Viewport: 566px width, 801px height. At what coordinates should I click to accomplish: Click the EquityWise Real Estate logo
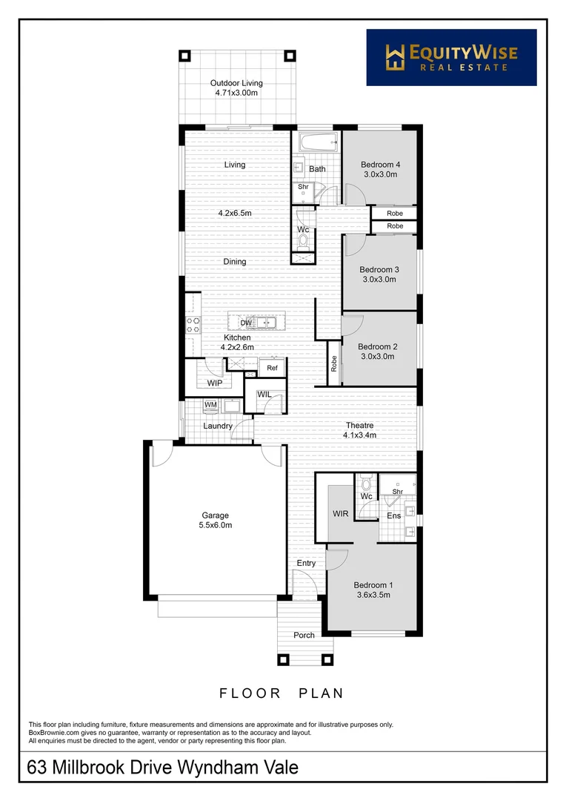tap(451, 57)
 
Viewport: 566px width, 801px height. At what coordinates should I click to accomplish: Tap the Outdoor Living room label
tap(236, 83)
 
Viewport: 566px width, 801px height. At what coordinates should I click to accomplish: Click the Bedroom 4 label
tap(380, 165)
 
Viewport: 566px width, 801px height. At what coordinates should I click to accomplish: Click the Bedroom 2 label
tap(378, 346)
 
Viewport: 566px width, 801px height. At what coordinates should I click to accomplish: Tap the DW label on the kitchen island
tap(246, 323)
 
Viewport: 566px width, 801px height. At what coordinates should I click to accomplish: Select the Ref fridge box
tap(272, 368)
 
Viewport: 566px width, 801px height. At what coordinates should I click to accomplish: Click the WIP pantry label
tap(215, 383)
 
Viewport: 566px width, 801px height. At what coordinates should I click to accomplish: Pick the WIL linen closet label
tap(264, 394)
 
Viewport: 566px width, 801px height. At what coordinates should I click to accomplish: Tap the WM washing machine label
tap(210, 405)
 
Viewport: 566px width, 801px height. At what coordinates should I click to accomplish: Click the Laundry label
tap(218, 426)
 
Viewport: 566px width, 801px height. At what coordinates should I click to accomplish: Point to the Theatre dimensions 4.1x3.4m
tap(361, 435)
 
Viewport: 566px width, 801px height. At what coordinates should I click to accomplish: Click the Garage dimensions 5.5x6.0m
tap(216, 525)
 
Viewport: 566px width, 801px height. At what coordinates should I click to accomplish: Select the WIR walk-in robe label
tap(341, 513)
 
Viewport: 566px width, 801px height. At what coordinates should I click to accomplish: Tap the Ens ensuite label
tap(393, 515)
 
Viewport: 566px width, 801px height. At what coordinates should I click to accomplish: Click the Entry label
tap(306, 563)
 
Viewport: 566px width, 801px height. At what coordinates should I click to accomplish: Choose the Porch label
tap(304, 635)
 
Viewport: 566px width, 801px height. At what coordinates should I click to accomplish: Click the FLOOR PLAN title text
tap(282, 693)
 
